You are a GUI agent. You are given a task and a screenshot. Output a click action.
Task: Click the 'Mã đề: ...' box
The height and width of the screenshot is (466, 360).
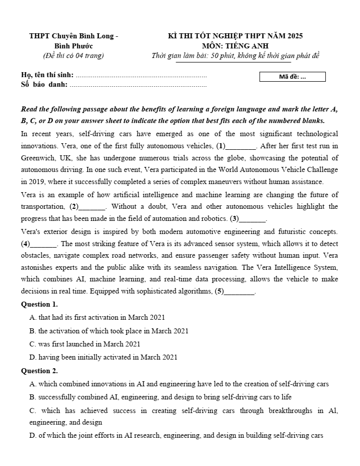292,77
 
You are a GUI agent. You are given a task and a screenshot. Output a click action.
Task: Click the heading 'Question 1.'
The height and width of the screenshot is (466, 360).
39,304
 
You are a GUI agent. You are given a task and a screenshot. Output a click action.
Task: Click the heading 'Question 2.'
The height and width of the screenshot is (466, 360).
39,371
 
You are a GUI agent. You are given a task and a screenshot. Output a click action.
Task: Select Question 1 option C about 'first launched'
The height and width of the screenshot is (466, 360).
85,344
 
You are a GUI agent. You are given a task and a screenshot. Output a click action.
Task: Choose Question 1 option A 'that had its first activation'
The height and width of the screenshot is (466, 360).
97,317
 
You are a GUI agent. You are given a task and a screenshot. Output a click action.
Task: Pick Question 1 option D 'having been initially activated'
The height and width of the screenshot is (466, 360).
103,357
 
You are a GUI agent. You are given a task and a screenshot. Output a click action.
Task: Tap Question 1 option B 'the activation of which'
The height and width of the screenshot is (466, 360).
109,331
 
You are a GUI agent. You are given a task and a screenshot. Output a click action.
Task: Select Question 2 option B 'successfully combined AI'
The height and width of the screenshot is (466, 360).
160,397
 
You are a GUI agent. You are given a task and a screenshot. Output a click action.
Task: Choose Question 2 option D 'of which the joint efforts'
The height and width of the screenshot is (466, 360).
176,435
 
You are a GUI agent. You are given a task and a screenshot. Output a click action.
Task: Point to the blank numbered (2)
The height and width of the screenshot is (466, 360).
92,207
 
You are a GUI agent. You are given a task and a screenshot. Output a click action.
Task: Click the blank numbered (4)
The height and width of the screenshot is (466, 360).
43,244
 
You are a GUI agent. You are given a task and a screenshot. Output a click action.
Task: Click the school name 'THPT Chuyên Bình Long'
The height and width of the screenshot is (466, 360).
74,36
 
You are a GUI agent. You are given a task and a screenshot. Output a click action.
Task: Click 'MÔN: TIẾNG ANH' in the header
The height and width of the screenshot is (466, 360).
235,46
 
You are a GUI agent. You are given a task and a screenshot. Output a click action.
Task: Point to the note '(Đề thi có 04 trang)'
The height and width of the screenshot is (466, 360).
74,55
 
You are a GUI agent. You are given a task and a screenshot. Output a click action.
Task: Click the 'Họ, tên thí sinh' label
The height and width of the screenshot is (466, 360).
47,75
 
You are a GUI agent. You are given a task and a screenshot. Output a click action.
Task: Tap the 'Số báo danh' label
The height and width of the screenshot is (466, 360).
44,84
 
